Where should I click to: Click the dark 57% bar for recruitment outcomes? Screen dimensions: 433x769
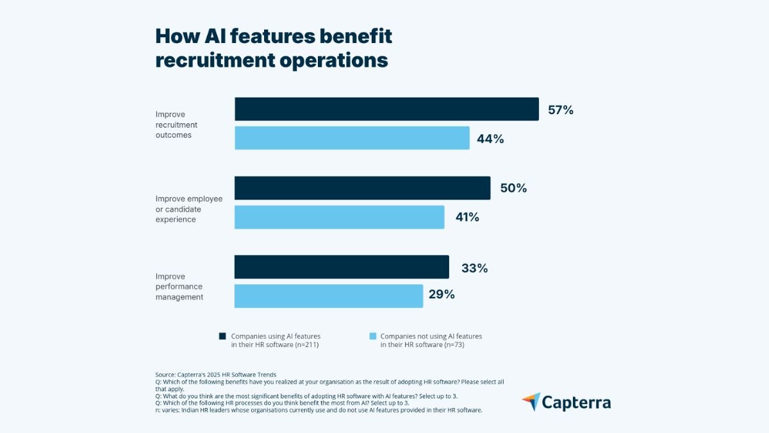(x=386, y=109)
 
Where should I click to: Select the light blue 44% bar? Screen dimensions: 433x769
(x=352, y=138)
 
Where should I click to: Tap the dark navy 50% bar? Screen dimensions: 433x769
(x=362, y=188)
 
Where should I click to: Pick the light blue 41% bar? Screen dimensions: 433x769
(x=340, y=217)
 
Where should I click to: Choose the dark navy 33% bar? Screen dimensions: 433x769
(x=342, y=267)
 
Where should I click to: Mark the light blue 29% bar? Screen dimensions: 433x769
(x=329, y=296)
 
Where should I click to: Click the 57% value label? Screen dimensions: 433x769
(x=560, y=110)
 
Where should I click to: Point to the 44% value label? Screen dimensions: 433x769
(x=490, y=139)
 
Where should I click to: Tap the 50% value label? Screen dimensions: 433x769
(x=513, y=189)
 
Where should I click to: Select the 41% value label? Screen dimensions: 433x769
(x=467, y=217)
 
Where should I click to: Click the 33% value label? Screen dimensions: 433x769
(x=474, y=268)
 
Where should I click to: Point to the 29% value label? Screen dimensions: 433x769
(x=442, y=295)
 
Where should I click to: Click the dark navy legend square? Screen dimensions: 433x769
(x=222, y=336)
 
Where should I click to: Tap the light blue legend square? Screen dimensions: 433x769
(x=372, y=336)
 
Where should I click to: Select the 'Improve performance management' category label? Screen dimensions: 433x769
(x=179, y=287)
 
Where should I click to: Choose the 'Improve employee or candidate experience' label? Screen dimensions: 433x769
(x=189, y=209)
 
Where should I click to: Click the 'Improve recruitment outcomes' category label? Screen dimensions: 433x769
(x=176, y=124)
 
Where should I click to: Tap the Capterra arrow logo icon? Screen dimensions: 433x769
(x=531, y=402)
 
